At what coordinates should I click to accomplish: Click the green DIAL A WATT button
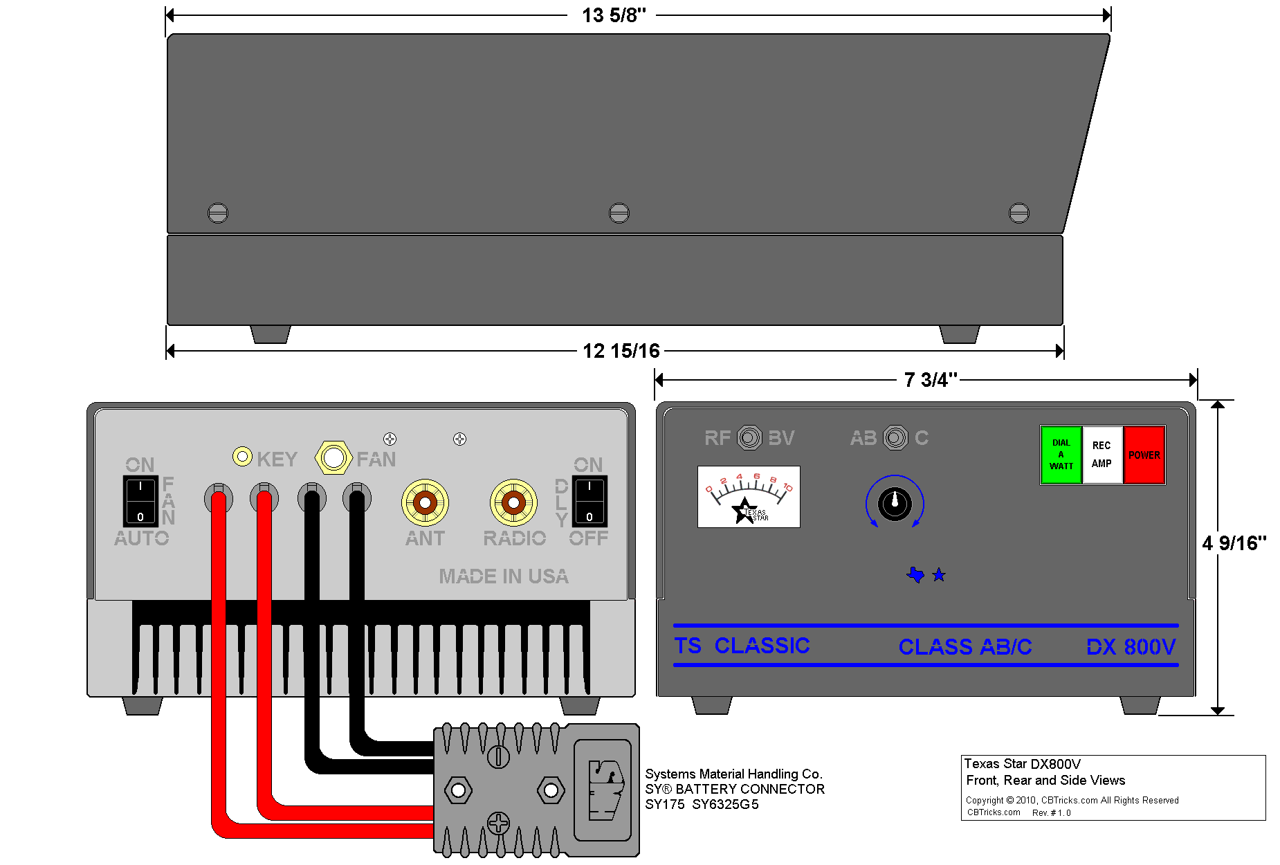click(x=1061, y=455)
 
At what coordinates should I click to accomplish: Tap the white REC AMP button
click(x=1101, y=455)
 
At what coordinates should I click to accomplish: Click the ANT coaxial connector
click(x=425, y=503)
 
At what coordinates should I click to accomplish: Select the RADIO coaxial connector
click(x=513, y=503)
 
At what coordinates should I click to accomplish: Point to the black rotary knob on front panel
click(x=895, y=503)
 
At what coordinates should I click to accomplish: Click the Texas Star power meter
click(x=749, y=497)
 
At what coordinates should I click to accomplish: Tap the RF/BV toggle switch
click(x=749, y=437)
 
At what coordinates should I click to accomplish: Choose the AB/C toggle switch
click(x=895, y=437)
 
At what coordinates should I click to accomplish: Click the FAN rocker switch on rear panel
click(x=140, y=501)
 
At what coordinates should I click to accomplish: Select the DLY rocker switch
click(x=589, y=501)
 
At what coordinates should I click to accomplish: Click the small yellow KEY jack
click(x=242, y=456)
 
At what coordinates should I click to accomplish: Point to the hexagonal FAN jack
click(x=333, y=457)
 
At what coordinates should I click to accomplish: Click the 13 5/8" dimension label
click(x=613, y=15)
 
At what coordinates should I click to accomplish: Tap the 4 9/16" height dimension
click(x=1234, y=543)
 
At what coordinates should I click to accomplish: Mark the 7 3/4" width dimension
click(x=930, y=380)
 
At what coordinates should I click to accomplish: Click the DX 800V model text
click(x=1131, y=647)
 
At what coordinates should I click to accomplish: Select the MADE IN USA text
click(x=504, y=576)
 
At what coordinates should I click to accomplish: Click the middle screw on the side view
click(x=619, y=212)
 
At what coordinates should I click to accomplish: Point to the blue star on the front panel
click(x=939, y=574)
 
